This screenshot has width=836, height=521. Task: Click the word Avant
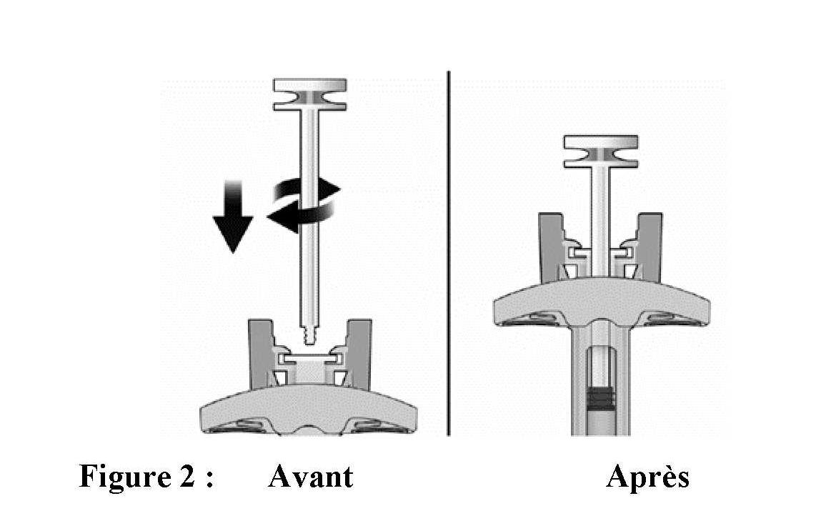coord(310,476)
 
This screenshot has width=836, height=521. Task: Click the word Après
coord(648,476)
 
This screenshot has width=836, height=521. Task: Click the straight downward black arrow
coord(233,216)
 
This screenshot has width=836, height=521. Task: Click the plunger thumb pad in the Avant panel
coord(310,95)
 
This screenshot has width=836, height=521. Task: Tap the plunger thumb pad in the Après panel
coord(601,152)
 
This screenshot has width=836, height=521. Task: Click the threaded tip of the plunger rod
coord(310,334)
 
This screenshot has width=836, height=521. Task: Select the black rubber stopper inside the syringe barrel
coord(601,398)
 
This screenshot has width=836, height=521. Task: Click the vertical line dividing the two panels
coord(449,253)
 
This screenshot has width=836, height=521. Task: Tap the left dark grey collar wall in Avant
coord(262,354)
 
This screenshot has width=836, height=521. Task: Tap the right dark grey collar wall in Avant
coord(359,354)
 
